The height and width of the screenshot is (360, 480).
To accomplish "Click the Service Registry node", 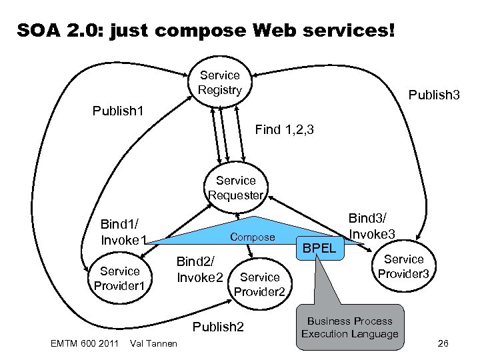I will coord(219,83).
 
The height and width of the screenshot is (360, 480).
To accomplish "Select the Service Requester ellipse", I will coord(235,188).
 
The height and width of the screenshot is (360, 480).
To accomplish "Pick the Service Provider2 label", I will coord(259,285).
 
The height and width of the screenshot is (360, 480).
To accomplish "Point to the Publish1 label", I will coord(117,109).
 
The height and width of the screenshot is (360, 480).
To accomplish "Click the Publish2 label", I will coord(217,326).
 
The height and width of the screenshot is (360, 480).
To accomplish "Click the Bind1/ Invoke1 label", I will coord(123,231).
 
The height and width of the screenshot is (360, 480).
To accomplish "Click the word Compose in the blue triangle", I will coord(252,237).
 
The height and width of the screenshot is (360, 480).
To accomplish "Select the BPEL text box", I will coord(319,249).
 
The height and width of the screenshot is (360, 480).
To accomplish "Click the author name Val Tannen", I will coord(155,344).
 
